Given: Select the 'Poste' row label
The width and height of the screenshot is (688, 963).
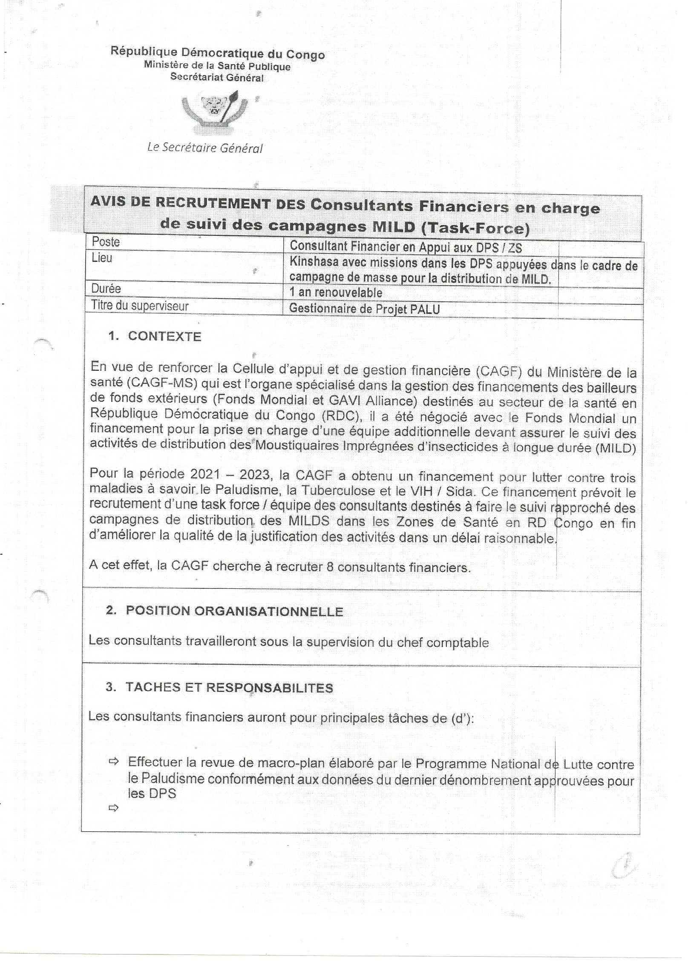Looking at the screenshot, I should pos(106,242).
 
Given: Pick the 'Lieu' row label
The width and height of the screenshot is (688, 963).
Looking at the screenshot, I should pos(102,258).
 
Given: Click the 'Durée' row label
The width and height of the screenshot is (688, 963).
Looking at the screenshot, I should pos(106,289).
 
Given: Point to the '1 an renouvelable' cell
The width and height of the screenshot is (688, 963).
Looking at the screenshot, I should pos(336,292).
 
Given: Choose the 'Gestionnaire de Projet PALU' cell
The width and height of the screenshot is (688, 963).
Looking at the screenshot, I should pos(364,309).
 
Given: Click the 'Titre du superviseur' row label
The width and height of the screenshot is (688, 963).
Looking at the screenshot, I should pos(140,306).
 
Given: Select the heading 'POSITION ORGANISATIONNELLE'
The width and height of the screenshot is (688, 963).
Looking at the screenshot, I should pos(234,611).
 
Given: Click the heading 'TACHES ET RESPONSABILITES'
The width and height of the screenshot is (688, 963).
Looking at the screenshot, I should pos(229,688).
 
